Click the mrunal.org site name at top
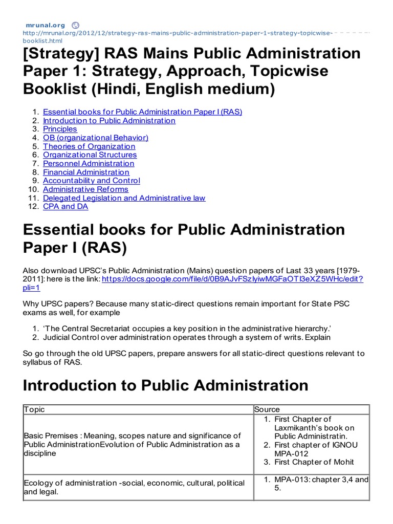46,25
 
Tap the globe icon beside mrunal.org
75,25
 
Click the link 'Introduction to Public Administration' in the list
109,121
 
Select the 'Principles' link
60,129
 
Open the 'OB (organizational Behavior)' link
95,138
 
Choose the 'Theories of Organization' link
89,146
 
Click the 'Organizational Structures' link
90,155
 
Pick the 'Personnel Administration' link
89,164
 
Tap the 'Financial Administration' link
86,172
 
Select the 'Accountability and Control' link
91,181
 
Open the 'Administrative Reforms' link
85,189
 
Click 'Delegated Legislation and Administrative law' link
124,198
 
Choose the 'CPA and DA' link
65,207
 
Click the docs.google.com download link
232,279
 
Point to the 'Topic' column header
34,409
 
